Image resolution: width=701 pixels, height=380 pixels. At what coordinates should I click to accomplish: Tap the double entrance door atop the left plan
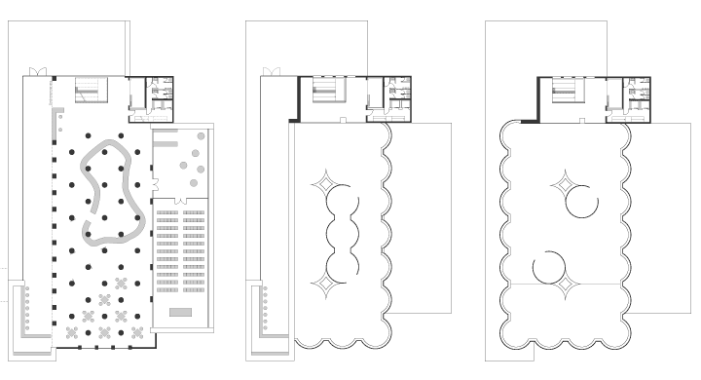pyautogui.click(x=33, y=72)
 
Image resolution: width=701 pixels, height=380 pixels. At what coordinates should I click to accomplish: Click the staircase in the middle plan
pyautogui.click(x=325, y=92)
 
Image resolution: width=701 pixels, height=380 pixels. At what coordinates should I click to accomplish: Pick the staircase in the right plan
pyautogui.click(x=566, y=92)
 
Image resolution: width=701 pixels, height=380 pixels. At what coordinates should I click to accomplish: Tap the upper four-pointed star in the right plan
pyautogui.click(x=564, y=181)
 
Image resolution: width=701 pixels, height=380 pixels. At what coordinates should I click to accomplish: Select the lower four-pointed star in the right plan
pyautogui.click(x=563, y=285)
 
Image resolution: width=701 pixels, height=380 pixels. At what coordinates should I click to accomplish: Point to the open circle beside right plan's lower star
pyautogui.click(x=548, y=265)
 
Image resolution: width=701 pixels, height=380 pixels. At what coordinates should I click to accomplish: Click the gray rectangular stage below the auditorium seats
pyautogui.click(x=182, y=313)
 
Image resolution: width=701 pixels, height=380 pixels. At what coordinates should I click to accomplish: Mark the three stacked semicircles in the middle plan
pyautogui.click(x=339, y=234)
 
